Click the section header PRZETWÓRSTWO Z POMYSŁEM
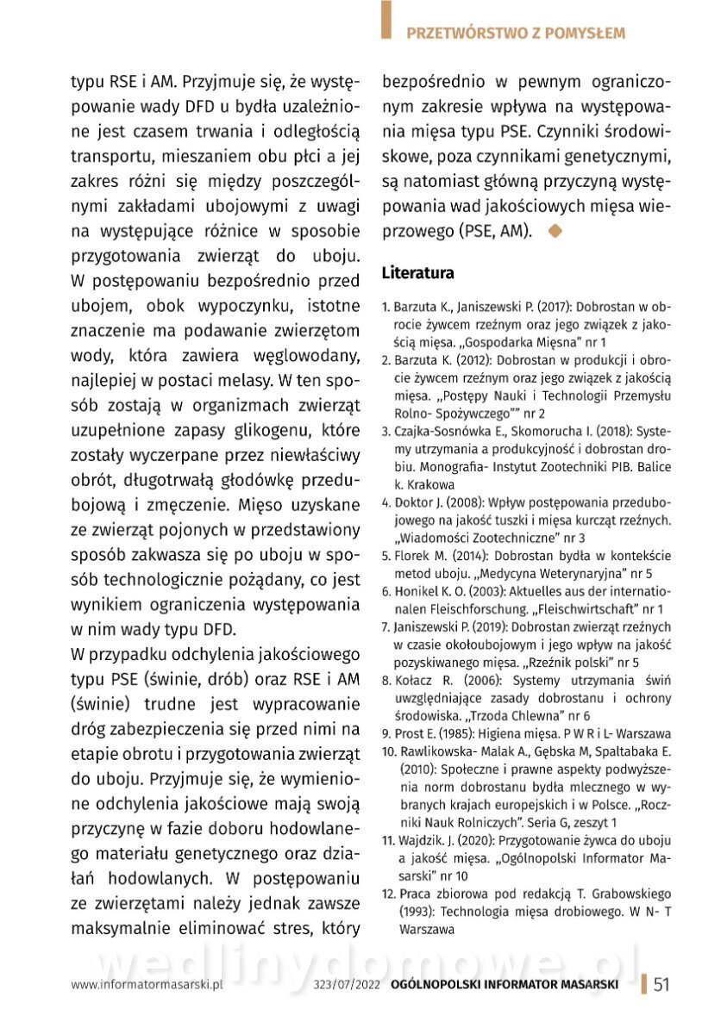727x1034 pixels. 515,34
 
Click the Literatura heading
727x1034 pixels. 418,274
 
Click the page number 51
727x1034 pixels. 661,986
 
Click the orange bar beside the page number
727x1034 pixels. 643,985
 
